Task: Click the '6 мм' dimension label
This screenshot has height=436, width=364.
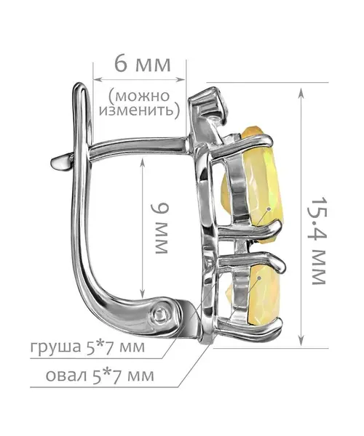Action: (142, 65)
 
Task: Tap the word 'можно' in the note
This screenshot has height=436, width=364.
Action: (140, 96)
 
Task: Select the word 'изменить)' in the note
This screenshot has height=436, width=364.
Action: (139, 110)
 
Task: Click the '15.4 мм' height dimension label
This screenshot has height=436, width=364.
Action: (318, 241)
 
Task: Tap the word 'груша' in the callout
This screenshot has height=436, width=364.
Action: (53, 347)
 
